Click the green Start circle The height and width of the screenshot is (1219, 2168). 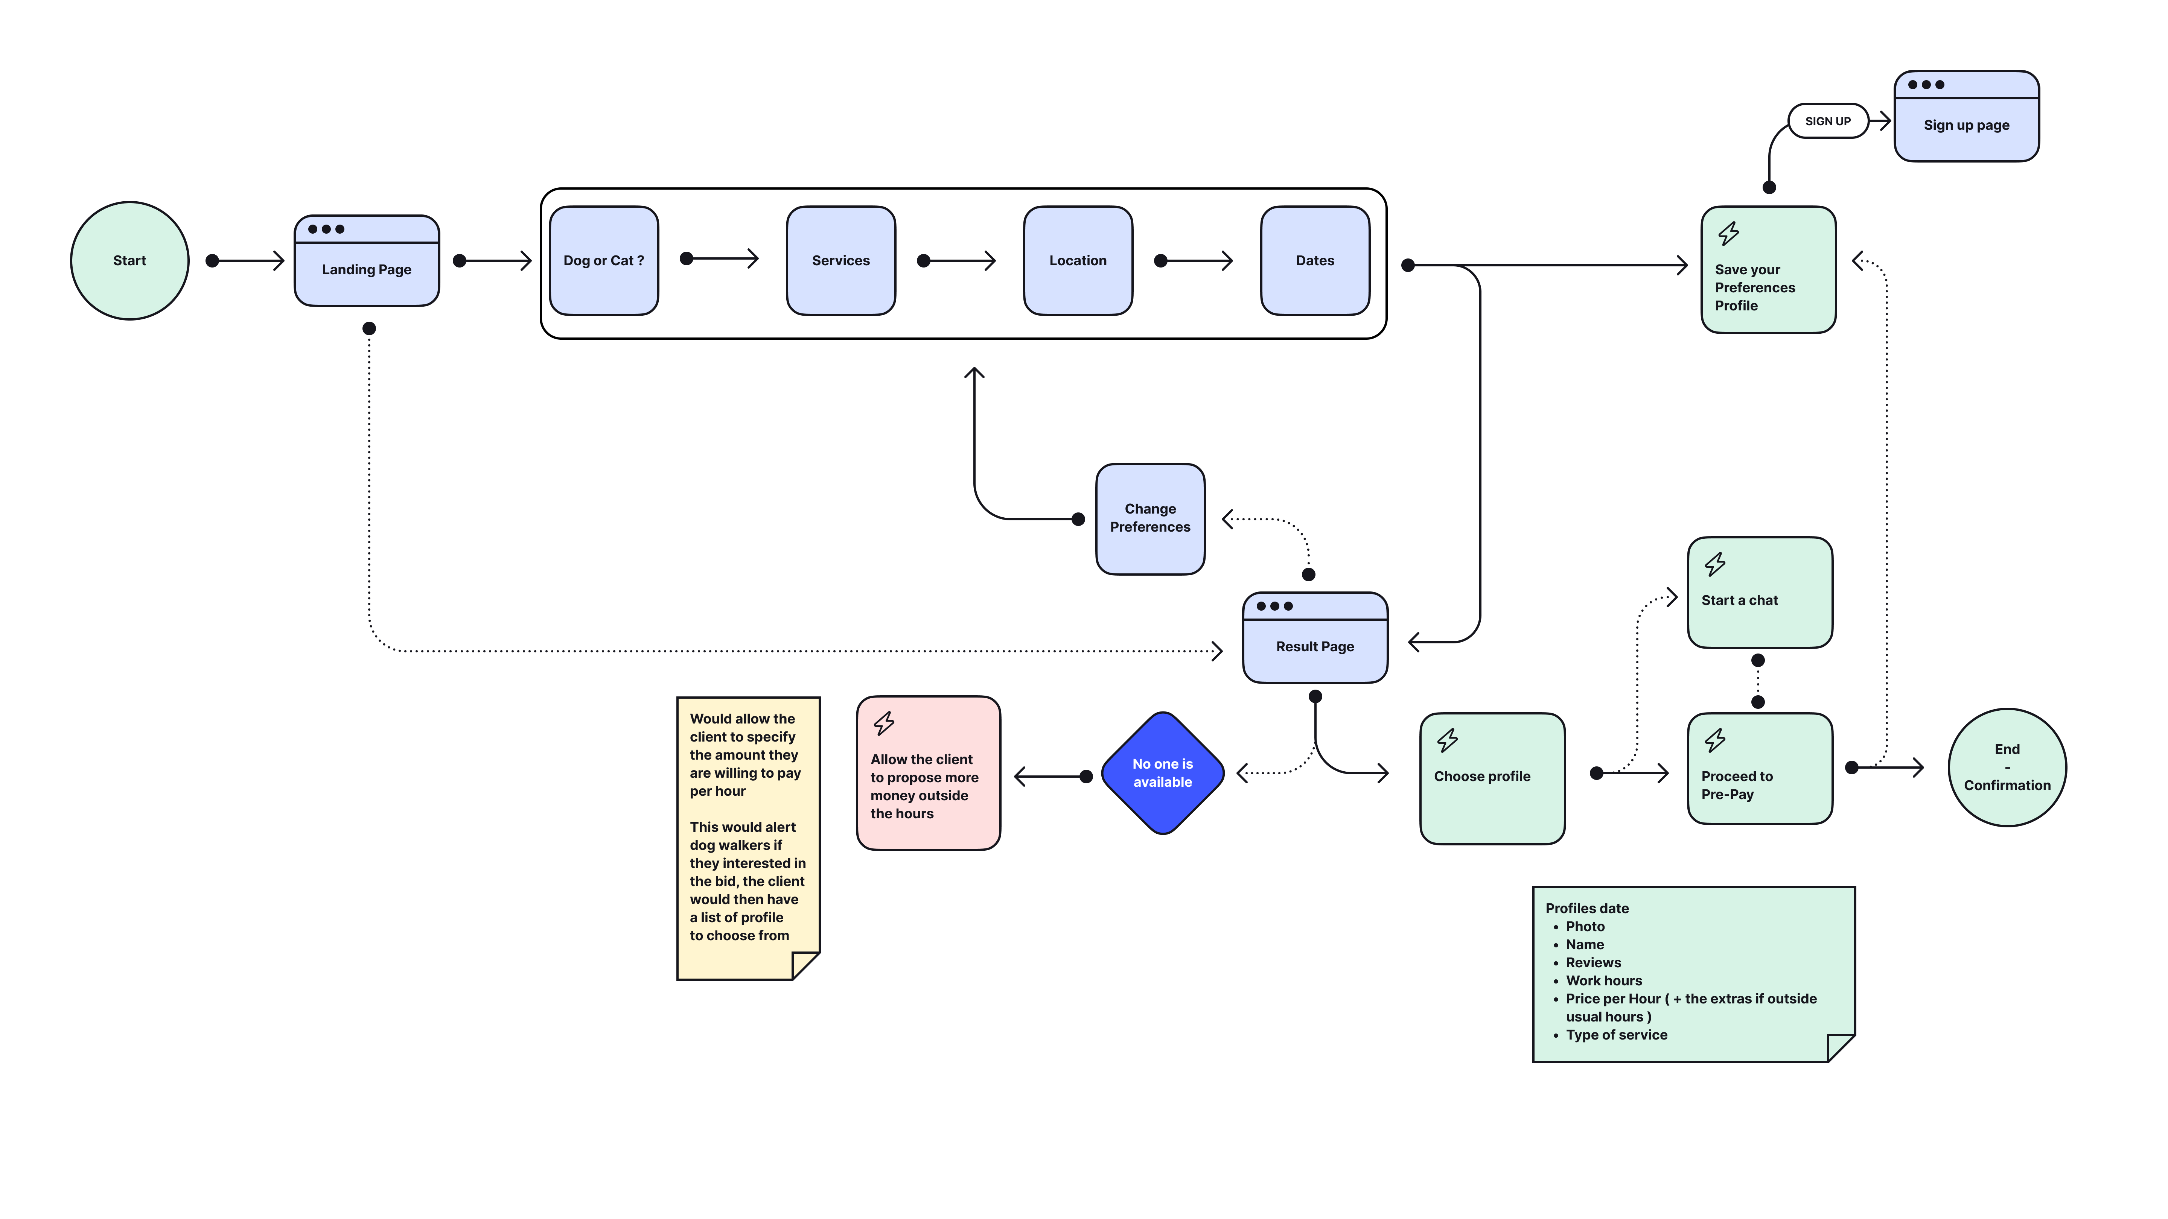[x=129, y=261]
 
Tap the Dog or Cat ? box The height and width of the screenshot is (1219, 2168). [x=603, y=261]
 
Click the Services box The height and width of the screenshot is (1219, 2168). [x=841, y=261]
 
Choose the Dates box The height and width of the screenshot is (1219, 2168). [x=1315, y=261]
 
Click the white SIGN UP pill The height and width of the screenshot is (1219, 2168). [x=1827, y=121]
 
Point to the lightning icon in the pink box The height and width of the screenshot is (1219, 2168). [x=884, y=723]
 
